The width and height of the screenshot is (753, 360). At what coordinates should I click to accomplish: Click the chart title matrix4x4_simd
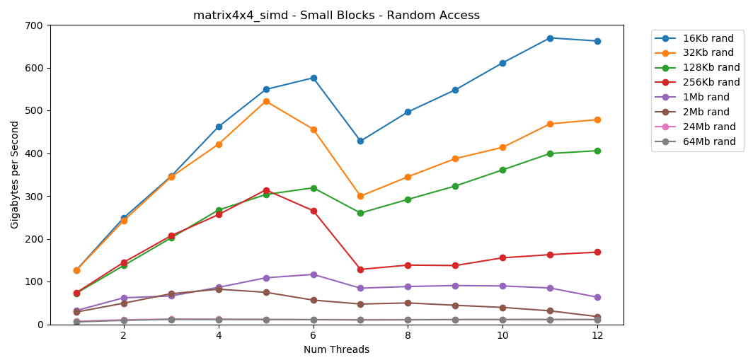336,16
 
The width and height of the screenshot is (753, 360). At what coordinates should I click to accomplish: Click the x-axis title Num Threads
336,349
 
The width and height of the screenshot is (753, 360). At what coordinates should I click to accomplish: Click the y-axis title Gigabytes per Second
15,175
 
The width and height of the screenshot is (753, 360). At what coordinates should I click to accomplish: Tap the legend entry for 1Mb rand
706,98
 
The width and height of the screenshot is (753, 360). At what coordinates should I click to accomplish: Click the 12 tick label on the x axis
597,336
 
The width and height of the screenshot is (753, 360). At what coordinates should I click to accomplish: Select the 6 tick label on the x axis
314,336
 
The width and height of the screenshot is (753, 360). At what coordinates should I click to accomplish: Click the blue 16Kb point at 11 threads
550,38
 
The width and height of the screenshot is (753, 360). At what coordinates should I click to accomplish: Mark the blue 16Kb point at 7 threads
360,141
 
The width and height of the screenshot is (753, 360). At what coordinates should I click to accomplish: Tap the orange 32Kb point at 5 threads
266,101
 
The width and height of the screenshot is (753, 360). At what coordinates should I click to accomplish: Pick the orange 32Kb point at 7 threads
360,196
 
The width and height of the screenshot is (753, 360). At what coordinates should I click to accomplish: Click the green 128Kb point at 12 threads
597,151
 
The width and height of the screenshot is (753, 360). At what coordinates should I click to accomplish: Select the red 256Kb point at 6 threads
314,211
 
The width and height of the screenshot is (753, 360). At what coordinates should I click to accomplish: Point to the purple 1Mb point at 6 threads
314,274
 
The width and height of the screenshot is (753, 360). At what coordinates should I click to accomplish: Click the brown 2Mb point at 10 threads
502,308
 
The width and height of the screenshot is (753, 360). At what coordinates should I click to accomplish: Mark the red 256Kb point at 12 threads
597,252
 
